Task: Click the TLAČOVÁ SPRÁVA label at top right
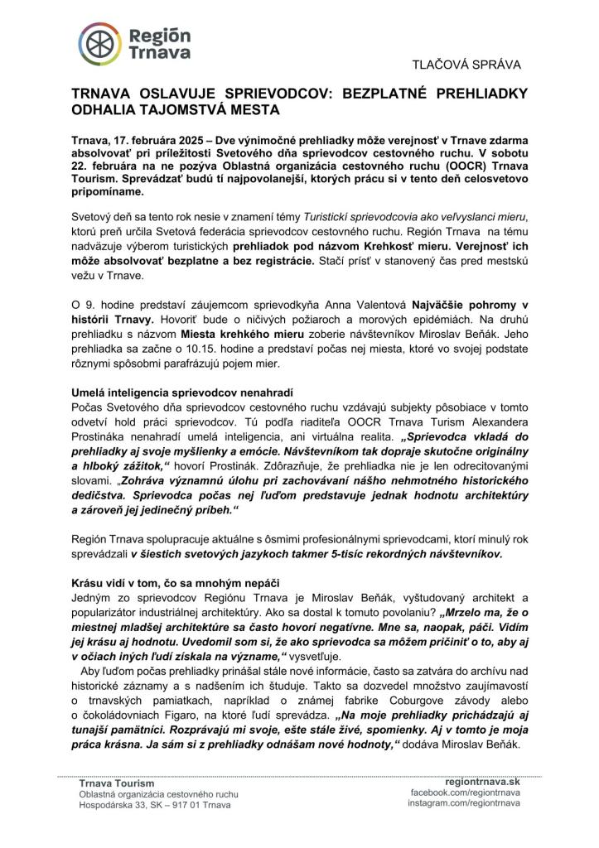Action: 468,64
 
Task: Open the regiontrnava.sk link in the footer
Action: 481,781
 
